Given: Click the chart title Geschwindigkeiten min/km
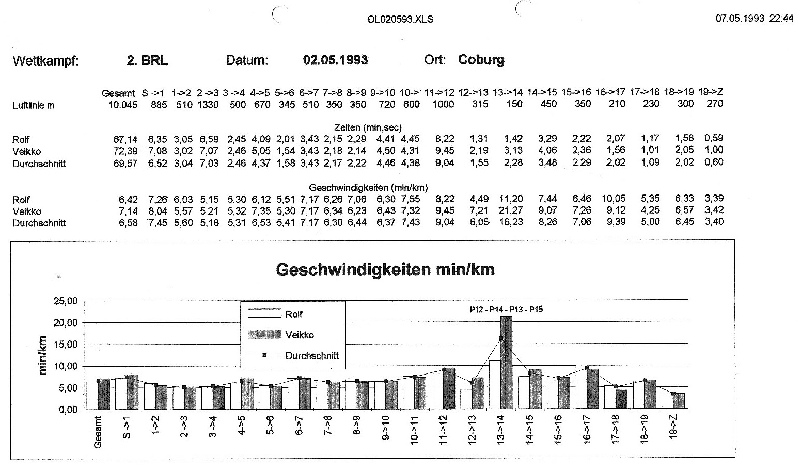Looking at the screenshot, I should point(385,269).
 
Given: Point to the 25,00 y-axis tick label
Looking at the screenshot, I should point(65,301).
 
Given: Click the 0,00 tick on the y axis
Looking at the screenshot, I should point(67,410).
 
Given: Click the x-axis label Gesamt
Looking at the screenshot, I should point(99,433).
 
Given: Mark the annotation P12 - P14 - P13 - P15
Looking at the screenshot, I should point(502,310).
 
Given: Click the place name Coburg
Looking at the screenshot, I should point(481,60).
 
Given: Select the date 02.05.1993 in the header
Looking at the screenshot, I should point(335,60).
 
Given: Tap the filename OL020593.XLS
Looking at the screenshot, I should point(400,20).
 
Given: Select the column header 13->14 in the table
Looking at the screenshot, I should point(508,92).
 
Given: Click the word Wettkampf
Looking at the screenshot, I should point(45,61).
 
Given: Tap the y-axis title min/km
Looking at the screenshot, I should point(43,355).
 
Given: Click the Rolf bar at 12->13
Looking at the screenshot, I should point(466,399).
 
